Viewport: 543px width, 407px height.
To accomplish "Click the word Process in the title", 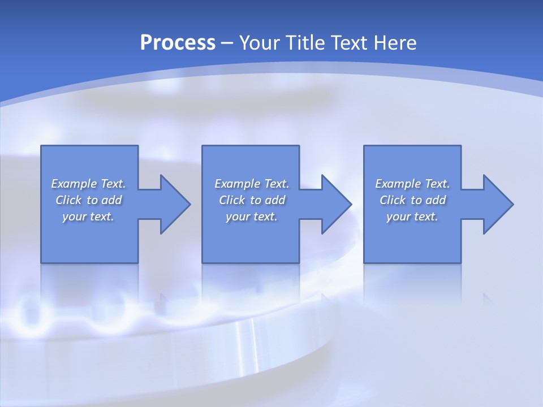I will tap(178, 43).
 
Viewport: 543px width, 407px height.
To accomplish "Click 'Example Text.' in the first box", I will tap(88, 184).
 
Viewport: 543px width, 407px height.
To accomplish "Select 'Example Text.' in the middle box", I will tap(252, 184).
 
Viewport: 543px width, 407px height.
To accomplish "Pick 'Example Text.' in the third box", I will tap(412, 184).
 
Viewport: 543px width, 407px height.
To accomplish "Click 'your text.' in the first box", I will tap(88, 217).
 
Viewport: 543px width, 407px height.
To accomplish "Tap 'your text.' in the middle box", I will tap(252, 217).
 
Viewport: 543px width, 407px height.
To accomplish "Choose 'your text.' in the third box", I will tap(412, 217).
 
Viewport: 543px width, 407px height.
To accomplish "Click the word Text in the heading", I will tap(347, 43).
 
